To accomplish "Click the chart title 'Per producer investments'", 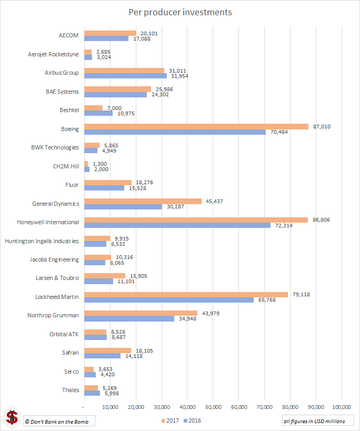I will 180,12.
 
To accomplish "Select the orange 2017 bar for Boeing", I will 196,126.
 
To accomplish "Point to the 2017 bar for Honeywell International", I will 196,219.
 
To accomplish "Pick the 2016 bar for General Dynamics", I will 123,207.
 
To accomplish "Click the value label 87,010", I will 321,126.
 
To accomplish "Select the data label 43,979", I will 210,313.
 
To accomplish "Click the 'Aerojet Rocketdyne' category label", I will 53,54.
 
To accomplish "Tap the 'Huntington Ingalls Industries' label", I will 42,241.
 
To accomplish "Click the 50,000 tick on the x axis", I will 213,407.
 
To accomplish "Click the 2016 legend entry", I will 192,420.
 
